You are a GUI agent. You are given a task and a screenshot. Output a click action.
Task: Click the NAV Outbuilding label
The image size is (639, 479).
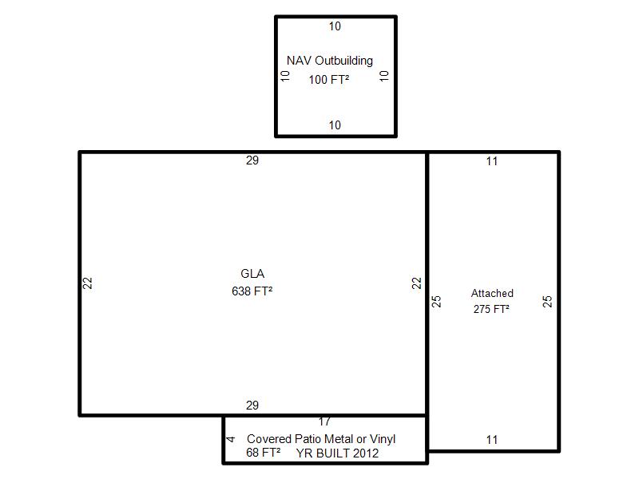[330, 61]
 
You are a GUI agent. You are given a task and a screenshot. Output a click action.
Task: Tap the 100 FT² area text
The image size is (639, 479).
[329, 79]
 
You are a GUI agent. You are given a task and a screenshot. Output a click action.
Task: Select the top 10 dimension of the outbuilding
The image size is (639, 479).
[335, 26]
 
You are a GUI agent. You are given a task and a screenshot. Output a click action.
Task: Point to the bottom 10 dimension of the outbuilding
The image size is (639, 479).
[335, 125]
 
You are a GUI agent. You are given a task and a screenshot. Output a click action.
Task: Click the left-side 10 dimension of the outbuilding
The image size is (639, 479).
[285, 76]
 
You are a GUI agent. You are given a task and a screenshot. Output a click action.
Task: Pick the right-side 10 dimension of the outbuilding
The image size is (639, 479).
[384, 76]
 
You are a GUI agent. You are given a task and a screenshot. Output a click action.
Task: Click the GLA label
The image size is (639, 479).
[252, 274]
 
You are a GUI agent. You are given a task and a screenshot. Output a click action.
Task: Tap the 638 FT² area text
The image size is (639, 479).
[252, 291]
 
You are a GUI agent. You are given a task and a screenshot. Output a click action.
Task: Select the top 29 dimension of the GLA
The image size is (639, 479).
[252, 160]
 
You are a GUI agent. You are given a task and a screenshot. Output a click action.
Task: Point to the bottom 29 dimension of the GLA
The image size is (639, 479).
[252, 406]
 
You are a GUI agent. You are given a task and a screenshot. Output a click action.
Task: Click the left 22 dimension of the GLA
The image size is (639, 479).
[88, 283]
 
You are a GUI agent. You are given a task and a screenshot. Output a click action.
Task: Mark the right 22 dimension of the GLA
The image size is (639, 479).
[416, 283]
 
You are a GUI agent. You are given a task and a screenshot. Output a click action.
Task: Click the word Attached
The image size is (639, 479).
[492, 293]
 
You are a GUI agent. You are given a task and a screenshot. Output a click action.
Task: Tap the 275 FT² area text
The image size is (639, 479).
[491, 309]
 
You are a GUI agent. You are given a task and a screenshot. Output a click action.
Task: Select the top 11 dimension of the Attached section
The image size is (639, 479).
[492, 161]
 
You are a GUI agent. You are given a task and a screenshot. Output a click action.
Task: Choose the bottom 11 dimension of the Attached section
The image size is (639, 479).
[492, 440]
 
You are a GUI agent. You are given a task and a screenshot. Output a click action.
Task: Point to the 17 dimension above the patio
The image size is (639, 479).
[324, 422]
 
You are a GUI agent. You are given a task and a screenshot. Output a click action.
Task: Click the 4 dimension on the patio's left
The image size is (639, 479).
[231, 439]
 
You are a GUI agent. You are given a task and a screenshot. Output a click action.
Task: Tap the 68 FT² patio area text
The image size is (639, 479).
[264, 453]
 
